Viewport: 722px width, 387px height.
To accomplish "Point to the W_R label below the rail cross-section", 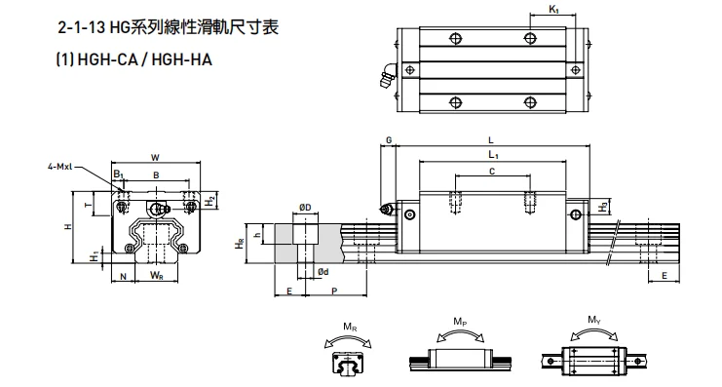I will click(156, 276).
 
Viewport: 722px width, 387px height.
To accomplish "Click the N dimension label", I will click(123, 276).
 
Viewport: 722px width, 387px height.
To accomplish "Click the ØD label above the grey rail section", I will click(304, 207).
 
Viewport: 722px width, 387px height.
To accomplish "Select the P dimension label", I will click(335, 290).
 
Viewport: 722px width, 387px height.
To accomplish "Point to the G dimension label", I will click(389, 140).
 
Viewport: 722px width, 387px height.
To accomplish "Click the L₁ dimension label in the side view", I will click(493, 155).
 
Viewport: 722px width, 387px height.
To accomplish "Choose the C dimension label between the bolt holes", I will click(491, 171).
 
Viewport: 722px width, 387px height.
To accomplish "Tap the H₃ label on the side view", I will click(604, 206).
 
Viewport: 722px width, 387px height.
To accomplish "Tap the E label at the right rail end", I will click(665, 276).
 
